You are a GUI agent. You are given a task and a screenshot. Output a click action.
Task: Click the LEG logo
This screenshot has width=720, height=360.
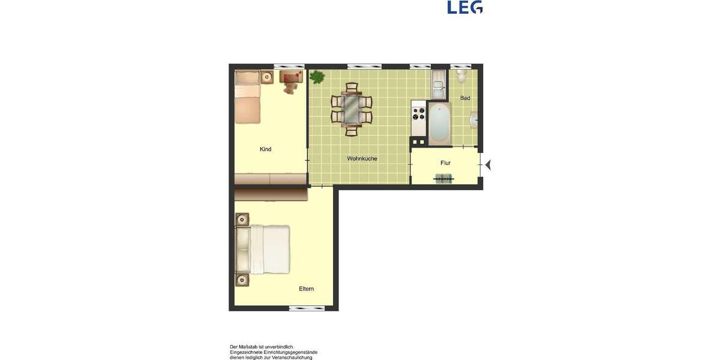[465, 7]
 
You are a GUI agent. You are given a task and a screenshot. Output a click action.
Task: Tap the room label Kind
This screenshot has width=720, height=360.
[265, 149]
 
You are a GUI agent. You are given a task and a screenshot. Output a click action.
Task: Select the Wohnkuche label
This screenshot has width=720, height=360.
[362, 159]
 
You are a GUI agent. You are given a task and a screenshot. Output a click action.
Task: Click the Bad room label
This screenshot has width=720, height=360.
[465, 98]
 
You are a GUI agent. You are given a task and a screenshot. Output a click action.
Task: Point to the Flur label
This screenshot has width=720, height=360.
[445, 163]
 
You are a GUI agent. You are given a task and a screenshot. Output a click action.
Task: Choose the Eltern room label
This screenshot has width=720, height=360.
[306, 289]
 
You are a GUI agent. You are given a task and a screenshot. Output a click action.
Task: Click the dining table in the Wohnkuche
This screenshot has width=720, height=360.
[351, 109]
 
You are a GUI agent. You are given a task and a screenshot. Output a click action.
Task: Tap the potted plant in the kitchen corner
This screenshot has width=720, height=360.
[317, 77]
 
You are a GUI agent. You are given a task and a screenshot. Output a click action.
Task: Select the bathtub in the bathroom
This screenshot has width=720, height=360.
[439, 123]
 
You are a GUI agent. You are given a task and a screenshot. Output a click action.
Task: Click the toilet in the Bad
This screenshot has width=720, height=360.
[461, 76]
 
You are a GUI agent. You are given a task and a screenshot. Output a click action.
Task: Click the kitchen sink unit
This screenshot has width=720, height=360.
[437, 85]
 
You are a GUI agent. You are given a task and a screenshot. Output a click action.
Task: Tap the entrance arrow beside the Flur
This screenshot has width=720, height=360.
[488, 164]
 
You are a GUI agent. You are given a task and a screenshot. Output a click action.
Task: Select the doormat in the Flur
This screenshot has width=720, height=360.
[444, 178]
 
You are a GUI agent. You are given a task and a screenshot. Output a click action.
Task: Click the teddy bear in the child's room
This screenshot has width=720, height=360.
[291, 88]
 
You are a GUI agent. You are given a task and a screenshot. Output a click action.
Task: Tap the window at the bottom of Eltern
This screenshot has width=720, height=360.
[307, 308]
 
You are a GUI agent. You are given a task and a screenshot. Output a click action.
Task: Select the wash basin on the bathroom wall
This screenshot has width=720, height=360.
[475, 121]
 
